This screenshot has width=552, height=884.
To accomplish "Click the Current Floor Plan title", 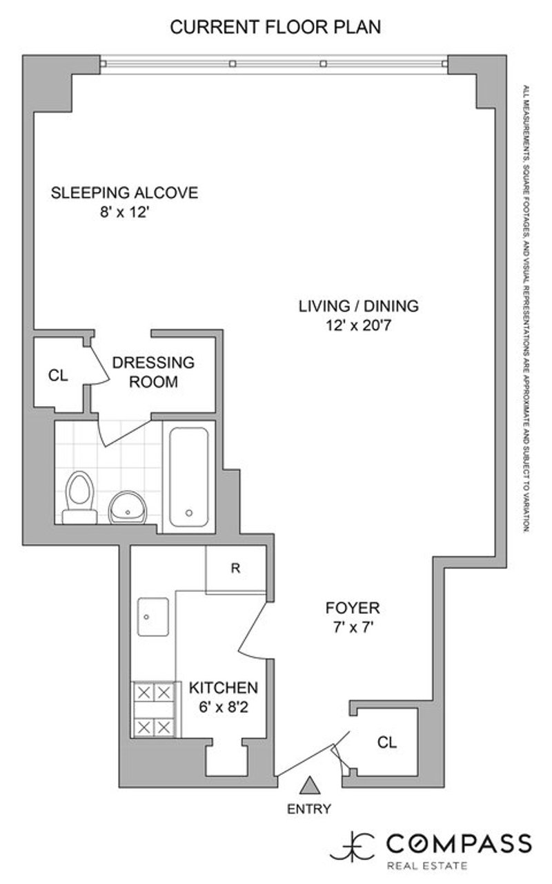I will pyautogui.click(x=276, y=27).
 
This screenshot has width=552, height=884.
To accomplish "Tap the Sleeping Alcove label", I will pyautogui.click(x=124, y=193).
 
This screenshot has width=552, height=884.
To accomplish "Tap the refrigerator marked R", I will pyautogui.click(x=235, y=569).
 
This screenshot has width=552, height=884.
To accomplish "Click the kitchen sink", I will pyautogui.click(x=154, y=616).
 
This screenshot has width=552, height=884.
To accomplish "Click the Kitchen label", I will pyautogui.click(x=224, y=688).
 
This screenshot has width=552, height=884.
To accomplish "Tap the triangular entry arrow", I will pyautogui.click(x=310, y=786).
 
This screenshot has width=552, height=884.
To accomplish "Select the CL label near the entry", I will pyautogui.click(x=388, y=742).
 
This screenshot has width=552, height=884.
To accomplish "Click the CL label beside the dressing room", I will pyautogui.click(x=58, y=376).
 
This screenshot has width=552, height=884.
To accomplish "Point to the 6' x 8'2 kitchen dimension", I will pyautogui.click(x=224, y=708).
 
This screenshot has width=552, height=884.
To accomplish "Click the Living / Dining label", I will pyautogui.click(x=358, y=306).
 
